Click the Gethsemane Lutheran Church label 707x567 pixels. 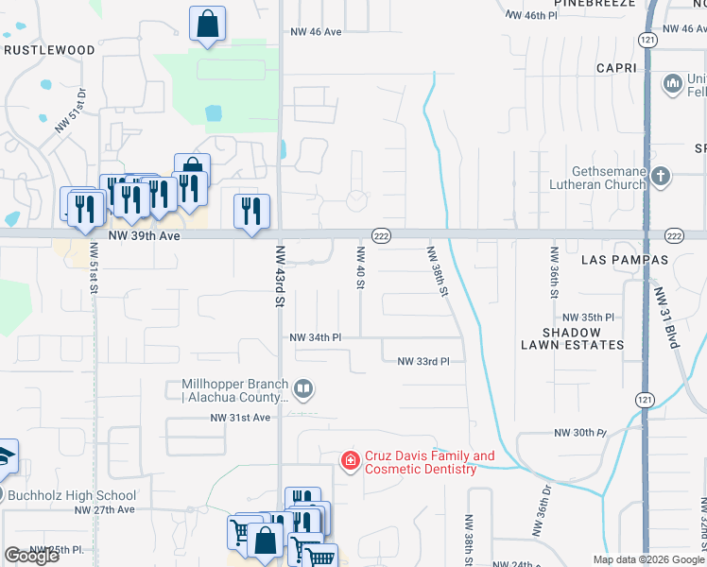596,178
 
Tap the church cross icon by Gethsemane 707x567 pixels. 660,175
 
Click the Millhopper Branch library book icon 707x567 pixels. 303,388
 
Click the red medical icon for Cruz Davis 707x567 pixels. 350,460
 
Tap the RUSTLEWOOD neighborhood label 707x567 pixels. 49,50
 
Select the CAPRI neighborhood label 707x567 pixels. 620,68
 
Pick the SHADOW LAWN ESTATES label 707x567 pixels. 572,338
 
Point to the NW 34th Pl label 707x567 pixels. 315,336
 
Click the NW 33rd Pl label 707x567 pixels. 430,361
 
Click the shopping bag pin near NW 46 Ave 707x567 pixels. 207,25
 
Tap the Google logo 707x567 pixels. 31,556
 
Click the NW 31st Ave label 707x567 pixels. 240,417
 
